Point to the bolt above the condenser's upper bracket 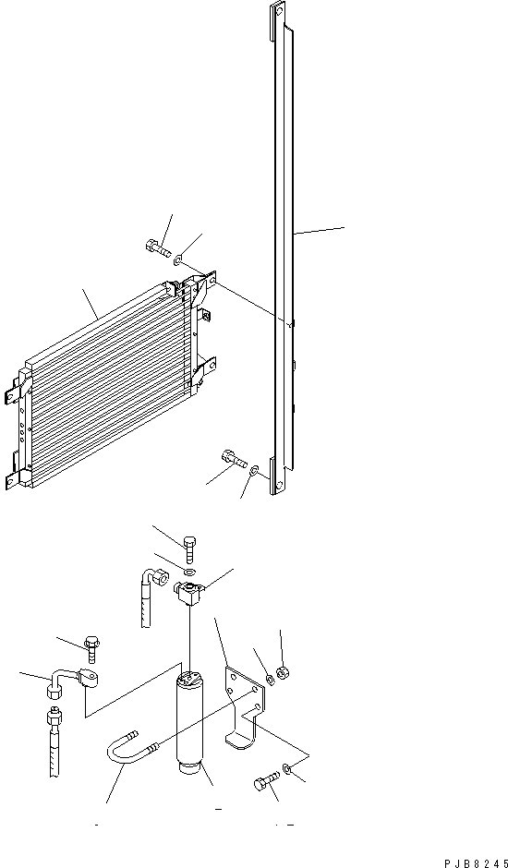pos(157,247)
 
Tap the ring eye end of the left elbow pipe pos(90,681)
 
